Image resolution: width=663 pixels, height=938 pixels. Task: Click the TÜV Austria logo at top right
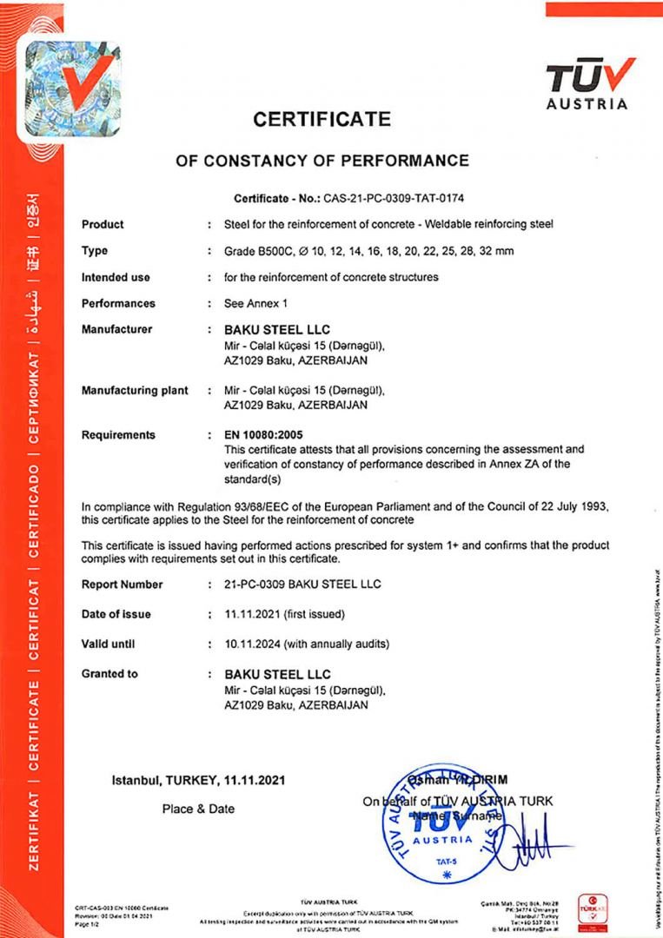pos(587,84)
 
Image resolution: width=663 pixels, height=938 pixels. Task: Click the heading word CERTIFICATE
pos(322,119)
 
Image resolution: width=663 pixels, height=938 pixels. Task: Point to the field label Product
pos(103,224)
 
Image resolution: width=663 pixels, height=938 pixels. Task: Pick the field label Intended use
pos(116,277)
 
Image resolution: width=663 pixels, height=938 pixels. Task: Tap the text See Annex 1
pos(256,303)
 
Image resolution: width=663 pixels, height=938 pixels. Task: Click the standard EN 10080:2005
pos(265,435)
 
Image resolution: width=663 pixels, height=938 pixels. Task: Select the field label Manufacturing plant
pos(135,390)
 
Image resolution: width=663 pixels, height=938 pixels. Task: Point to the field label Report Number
pos(123,585)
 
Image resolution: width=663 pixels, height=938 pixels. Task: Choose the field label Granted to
pos(109,673)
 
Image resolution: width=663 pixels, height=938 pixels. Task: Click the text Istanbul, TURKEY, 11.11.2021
pos(198,780)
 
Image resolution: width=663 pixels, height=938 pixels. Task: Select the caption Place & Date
pos(198,809)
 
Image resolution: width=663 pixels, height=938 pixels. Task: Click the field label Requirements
pos(118,434)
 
